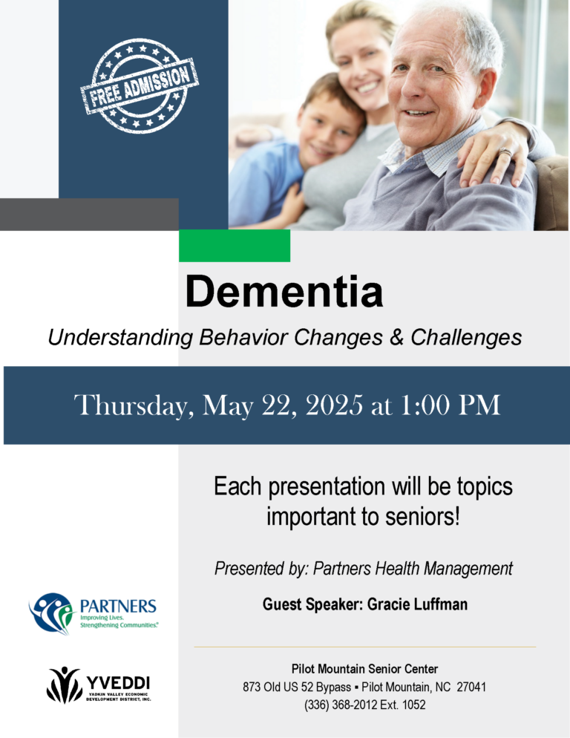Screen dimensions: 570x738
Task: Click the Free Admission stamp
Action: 140,85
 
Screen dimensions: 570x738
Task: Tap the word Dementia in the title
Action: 284,291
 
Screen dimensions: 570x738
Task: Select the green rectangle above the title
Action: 235,246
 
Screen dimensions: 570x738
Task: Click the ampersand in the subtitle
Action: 396,337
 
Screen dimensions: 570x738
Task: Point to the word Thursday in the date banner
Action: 134,405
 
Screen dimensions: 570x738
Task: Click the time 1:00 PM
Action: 451,405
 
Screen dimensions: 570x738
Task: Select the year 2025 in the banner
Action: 334,405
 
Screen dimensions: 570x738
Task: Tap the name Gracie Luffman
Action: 417,604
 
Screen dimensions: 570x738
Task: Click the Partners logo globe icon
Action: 52,613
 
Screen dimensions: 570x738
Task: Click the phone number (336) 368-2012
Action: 341,705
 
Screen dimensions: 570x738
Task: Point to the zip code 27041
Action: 471,687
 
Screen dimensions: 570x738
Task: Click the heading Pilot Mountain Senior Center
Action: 364,669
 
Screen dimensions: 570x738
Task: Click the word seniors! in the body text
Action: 422,517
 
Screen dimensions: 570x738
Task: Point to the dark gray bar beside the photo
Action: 89,214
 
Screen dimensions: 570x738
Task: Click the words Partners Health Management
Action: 413,569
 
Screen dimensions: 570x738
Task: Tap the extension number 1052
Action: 414,705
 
